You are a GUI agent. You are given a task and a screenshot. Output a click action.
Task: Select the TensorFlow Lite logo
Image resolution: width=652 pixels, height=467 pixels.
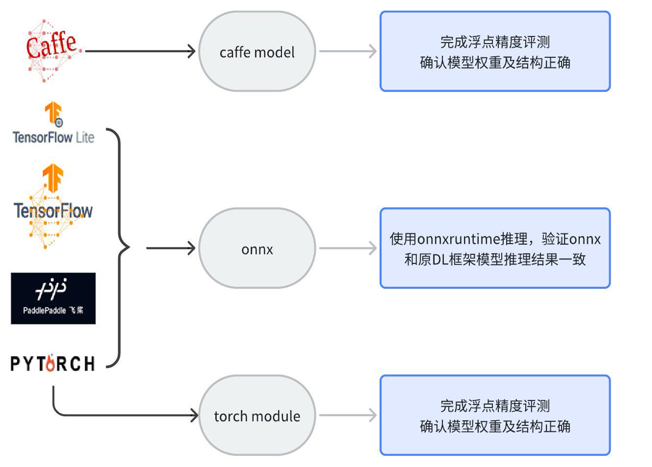point(54,124)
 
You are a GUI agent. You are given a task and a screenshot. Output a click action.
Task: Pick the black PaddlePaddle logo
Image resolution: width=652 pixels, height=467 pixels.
point(53,298)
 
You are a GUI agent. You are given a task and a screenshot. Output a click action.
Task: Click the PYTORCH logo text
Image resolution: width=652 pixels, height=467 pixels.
point(53,364)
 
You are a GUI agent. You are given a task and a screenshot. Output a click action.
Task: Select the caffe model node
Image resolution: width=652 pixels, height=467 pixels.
point(257,51)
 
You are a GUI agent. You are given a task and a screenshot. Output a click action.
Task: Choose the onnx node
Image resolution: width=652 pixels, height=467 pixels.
point(257,248)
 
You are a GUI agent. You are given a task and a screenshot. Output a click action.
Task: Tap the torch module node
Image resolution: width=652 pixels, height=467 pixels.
point(257,416)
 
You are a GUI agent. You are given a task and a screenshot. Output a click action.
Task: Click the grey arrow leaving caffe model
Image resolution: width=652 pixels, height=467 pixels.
point(348,51)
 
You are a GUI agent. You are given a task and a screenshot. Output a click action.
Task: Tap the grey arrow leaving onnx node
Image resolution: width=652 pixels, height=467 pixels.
point(348,248)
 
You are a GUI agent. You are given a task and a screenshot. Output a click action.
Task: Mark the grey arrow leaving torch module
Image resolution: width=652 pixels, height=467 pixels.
point(348,415)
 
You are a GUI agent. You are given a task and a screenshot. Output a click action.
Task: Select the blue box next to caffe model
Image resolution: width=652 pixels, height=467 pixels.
point(495,51)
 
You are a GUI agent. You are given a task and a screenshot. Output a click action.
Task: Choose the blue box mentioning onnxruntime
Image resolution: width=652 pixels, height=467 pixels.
point(495,248)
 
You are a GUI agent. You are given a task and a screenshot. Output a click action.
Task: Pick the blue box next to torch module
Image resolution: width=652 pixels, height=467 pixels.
point(495,416)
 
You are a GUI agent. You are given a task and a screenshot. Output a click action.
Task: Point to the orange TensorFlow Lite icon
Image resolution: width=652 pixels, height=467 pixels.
point(53,113)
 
